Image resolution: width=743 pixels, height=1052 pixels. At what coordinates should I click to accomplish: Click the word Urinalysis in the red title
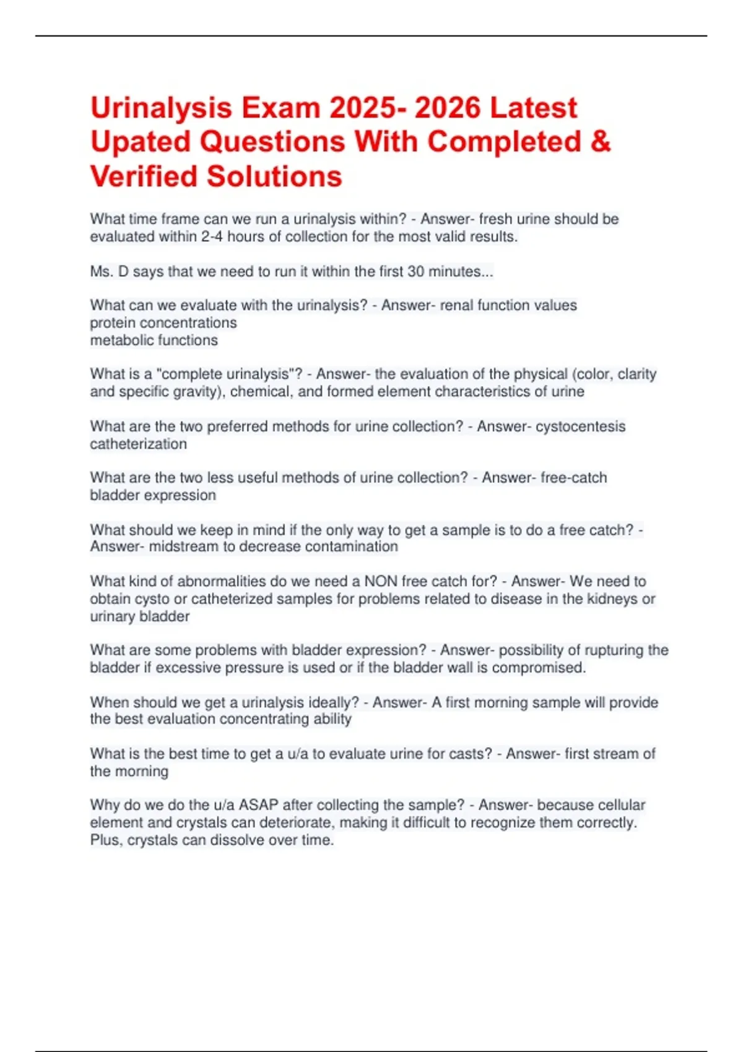tap(161, 108)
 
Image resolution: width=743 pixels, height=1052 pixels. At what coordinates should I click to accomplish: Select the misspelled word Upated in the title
tap(140, 142)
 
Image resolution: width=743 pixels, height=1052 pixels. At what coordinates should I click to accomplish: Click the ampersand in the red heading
tap(601, 142)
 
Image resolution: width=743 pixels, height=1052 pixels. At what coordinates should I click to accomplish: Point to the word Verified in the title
tap(144, 176)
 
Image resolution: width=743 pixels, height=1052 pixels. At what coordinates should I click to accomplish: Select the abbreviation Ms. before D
tap(101, 272)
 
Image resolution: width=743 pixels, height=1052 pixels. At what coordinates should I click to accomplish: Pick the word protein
tap(112, 323)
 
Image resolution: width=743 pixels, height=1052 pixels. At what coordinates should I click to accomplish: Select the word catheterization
tap(138, 444)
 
